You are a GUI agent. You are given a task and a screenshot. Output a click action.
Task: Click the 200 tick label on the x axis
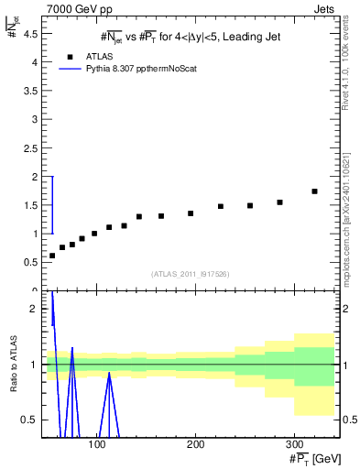195,443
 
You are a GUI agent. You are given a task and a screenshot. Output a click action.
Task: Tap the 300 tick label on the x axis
293,443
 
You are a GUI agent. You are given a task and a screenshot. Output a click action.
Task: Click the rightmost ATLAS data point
314,191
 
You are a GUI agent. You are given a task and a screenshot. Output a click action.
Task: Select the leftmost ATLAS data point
52,256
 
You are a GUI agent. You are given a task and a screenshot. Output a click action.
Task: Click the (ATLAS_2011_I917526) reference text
190,274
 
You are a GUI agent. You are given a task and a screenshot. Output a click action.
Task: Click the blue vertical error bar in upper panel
52,204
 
